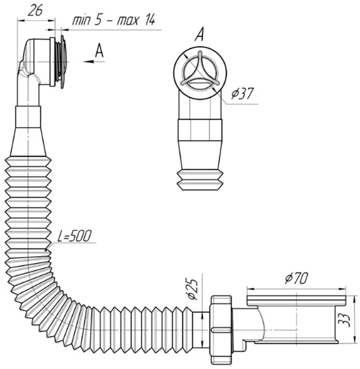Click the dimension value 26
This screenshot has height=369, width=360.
pyautogui.click(x=35, y=11)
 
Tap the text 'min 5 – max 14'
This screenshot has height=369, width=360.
pyautogui.click(x=114, y=20)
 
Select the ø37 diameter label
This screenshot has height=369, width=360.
pyautogui.click(x=242, y=94)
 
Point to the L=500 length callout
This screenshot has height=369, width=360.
pyautogui.click(x=74, y=235)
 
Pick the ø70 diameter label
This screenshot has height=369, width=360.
pyautogui.click(x=296, y=278)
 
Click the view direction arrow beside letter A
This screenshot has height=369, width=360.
pyautogui.click(x=94, y=61)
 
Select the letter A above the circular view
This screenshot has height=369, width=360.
pyautogui.click(x=199, y=35)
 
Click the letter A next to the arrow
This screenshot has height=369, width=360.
pyautogui.click(x=100, y=50)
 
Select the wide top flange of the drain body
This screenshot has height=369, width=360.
pyautogui.click(x=296, y=300)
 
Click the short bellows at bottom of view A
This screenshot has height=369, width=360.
pyautogui.click(x=200, y=180)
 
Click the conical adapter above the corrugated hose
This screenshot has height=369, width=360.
pyautogui.click(x=28, y=142)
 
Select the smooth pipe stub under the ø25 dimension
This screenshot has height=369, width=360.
pyautogui.click(x=202, y=330)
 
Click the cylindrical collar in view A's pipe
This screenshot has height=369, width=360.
pyautogui.click(x=200, y=129)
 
